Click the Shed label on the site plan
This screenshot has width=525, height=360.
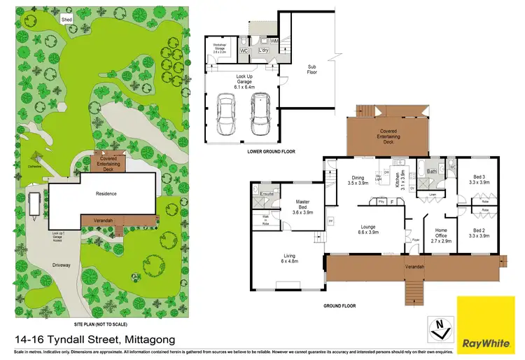click(66, 19)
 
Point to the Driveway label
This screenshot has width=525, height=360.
click(62, 265)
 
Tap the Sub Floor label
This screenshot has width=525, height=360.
click(312, 70)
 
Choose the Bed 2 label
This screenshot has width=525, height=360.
click(479, 233)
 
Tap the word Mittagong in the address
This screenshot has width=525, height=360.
click(155, 338)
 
